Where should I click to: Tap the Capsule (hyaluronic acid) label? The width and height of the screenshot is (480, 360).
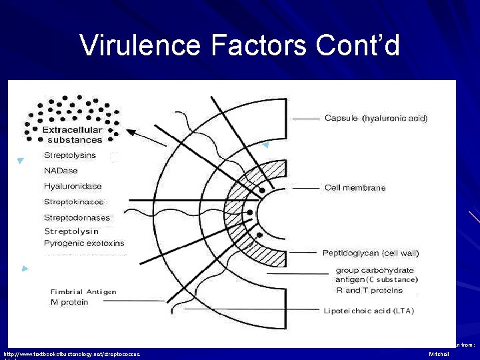coord(375,118)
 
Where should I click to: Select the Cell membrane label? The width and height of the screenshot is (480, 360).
coord(355,187)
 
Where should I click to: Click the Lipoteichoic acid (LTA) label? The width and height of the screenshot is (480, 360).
coord(368,311)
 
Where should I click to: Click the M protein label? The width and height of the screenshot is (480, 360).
coord(69,302)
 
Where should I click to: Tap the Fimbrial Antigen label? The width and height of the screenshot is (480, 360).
coord(83,291)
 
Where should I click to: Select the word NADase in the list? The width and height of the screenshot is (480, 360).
coord(61,171)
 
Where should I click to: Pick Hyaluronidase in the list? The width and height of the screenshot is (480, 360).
coord(73,186)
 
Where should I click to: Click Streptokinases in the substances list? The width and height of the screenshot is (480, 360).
coord(74,201)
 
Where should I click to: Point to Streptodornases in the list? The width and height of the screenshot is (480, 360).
coord(77,217)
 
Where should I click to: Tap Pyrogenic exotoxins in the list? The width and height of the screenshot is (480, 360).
coord(84,243)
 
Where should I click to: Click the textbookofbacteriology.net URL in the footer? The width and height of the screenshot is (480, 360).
coord(72,353)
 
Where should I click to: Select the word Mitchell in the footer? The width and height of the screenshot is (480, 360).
coord(439,353)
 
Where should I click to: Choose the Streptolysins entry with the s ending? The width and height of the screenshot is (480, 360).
coord(70,155)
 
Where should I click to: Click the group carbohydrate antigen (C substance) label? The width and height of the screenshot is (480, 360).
coord(377,275)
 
